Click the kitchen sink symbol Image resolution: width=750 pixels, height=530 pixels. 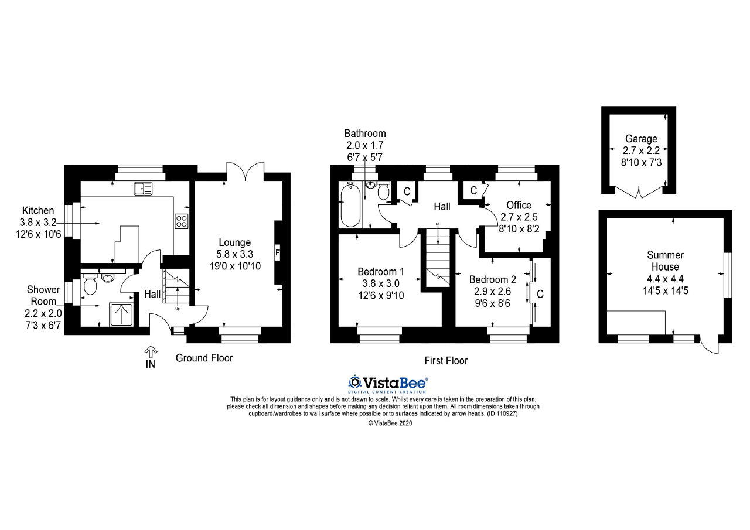[143, 189]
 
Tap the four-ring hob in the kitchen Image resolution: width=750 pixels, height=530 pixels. [181, 221]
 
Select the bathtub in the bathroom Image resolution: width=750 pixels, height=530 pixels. [350, 205]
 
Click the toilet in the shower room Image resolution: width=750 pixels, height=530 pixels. [90, 286]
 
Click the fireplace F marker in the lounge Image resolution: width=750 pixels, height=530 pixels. [278, 253]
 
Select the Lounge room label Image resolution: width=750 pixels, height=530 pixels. [235, 242]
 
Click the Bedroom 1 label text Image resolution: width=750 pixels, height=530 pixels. [381, 272]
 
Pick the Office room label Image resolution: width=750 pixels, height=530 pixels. [519, 205]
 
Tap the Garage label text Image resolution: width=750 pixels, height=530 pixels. [641, 139]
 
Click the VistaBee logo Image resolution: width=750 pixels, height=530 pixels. [388, 384]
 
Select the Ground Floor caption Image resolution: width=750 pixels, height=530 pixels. [204, 358]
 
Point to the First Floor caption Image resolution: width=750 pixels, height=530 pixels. [446, 361]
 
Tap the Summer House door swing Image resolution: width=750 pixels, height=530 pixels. [710, 346]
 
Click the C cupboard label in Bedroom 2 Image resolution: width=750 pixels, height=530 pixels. [540, 294]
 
